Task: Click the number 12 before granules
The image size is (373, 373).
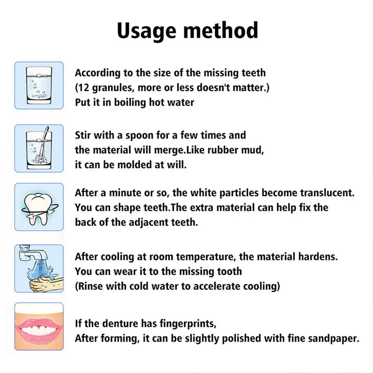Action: point(84,87)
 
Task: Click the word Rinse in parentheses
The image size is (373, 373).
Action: point(92,286)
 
